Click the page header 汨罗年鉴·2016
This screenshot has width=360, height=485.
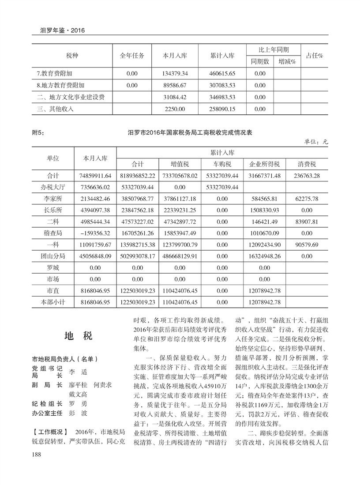pyautogui.click(x=62, y=30)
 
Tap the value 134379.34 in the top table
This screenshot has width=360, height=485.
pyautogui.click(x=176, y=73)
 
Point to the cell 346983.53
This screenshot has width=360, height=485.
pyautogui.click(x=223, y=97)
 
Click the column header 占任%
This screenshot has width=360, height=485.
pyautogui.click(x=315, y=56)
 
